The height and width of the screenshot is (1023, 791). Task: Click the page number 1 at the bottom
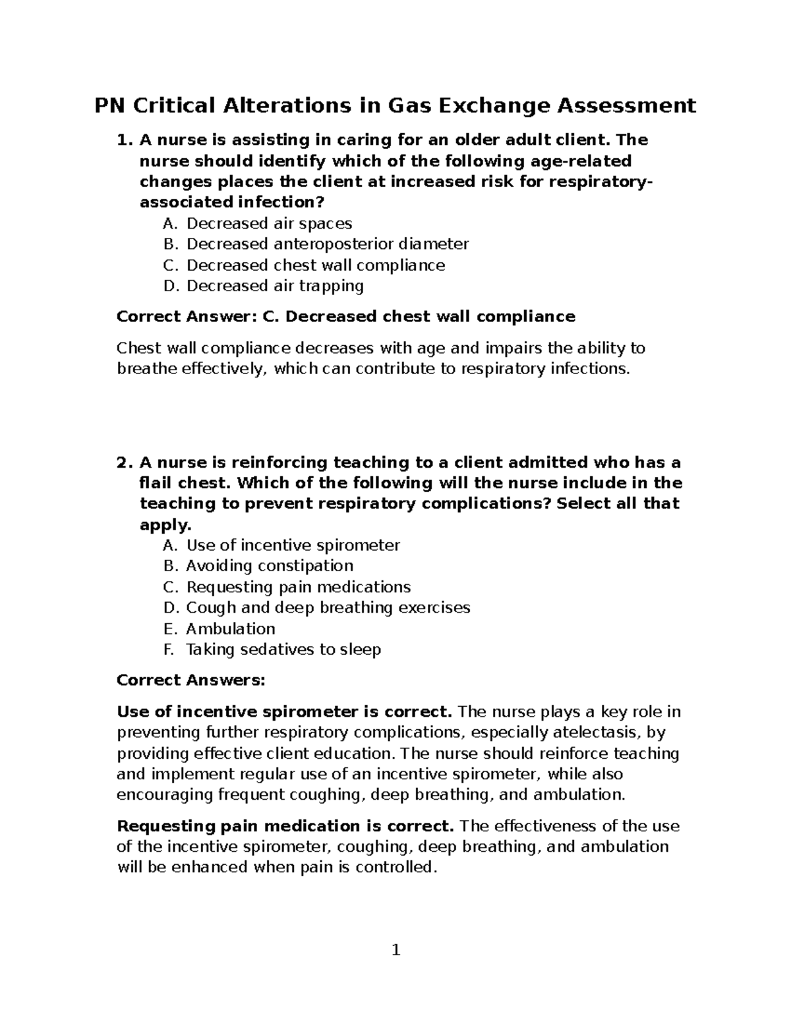(x=395, y=950)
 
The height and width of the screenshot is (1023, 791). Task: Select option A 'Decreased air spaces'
(x=269, y=223)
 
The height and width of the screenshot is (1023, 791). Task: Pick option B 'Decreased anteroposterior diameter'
(x=327, y=244)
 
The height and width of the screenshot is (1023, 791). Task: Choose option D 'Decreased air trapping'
(x=275, y=286)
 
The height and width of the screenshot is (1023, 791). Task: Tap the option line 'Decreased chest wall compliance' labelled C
(x=315, y=265)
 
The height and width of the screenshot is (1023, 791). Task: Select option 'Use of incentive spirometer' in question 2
(x=293, y=545)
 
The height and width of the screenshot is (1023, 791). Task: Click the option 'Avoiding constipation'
(x=269, y=566)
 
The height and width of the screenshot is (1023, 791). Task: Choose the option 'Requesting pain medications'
(x=298, y=587)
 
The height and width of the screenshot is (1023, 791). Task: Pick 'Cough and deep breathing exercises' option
(x=328, y=607)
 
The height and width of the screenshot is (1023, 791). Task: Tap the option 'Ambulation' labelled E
(x=230, y=628)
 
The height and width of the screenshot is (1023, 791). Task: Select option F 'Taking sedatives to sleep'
(x=283, y=650)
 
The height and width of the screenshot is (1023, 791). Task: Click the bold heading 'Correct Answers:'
(x=190, y=680)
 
